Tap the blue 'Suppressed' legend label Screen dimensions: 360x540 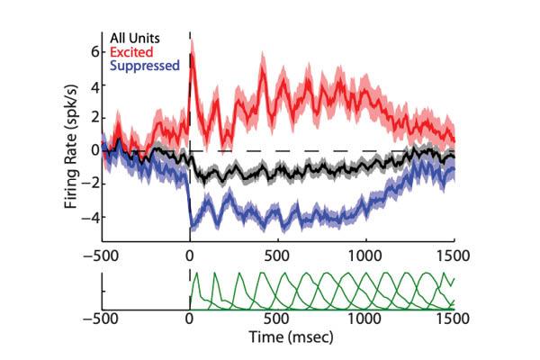tap(144, 66)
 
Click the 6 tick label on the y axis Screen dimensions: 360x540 tap(91, 52)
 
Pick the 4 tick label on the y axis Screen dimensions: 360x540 tap(91, 85)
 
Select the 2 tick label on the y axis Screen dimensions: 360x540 tap(91, 119)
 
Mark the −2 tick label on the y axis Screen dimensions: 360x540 tap(87, 184)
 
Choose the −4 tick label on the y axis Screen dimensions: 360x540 tap(87, 217)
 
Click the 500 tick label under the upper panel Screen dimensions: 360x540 tap(278, 255)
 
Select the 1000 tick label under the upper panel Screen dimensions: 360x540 tap(365, 255)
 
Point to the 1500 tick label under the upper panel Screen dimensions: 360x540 tap(454, 255)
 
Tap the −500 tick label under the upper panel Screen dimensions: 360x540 tap(102, 255)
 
